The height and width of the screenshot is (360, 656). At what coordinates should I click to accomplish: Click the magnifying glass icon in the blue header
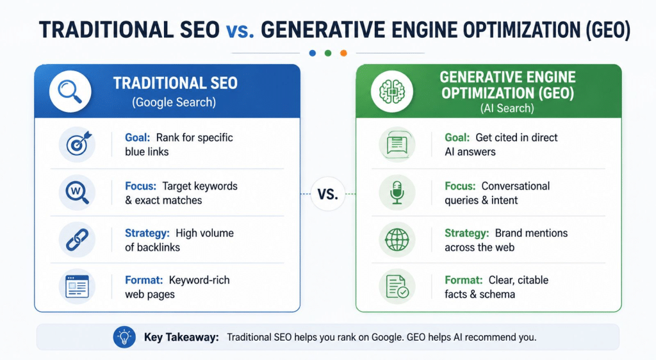pyautogui.click(x=70, y=92)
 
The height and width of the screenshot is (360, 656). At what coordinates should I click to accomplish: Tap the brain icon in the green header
pyautogui.click(x=391, y=92)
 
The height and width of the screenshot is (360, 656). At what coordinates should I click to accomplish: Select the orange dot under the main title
pyautogui.click(x=343, y=53)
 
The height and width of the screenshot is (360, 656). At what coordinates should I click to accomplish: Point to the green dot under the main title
pyautogui.click(x=328, y=53)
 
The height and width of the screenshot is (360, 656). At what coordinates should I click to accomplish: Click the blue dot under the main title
pyautogui.click(x=313, y=53)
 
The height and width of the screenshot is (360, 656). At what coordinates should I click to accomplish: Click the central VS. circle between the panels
pyautogui.click(x=327, y=194)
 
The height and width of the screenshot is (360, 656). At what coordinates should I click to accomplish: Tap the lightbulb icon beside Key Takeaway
pyautogui.click(x=124, y=337)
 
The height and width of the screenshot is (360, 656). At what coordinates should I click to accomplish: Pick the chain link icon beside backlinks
pyautogui.click(x=77, y=240)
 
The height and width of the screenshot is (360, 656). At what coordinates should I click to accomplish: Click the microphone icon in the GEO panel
pyautogui.click(x=397, y=192)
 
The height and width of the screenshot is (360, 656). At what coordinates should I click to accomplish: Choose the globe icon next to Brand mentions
pyautogui.click(x=397, y=240)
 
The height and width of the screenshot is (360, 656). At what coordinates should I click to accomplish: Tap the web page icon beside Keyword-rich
pyautogui.click(x=77, y=286)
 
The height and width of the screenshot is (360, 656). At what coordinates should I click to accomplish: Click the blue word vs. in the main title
pyautogui.click(x=240, y=31)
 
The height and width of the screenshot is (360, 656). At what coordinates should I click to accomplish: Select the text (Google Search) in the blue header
pyautogui.click(x=174, y=102)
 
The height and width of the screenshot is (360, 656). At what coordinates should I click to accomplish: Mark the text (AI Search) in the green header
pyautogui.click(x=507, y=109)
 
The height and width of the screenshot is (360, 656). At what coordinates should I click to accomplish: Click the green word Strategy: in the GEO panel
pyautogui.click(x=467, y=233)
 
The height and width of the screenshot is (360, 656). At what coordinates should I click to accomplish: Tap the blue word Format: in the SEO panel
pyautogui.click(x=144, y=280)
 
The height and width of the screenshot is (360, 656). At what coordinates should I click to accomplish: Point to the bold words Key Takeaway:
pyautogui.click(x=181, y=338)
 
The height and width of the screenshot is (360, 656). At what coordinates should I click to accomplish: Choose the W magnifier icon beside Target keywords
pyautogui.click(x=77, y=192)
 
